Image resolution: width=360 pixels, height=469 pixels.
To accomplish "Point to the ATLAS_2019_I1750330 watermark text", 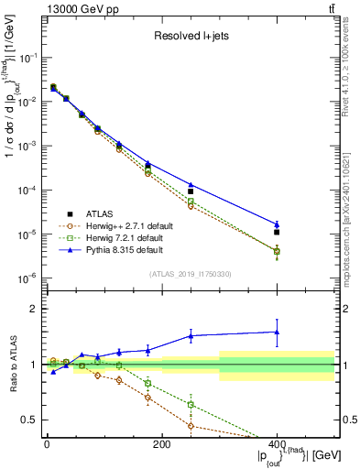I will [191, 274].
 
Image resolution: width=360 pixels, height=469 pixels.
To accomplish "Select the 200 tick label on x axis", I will [161, 444].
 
